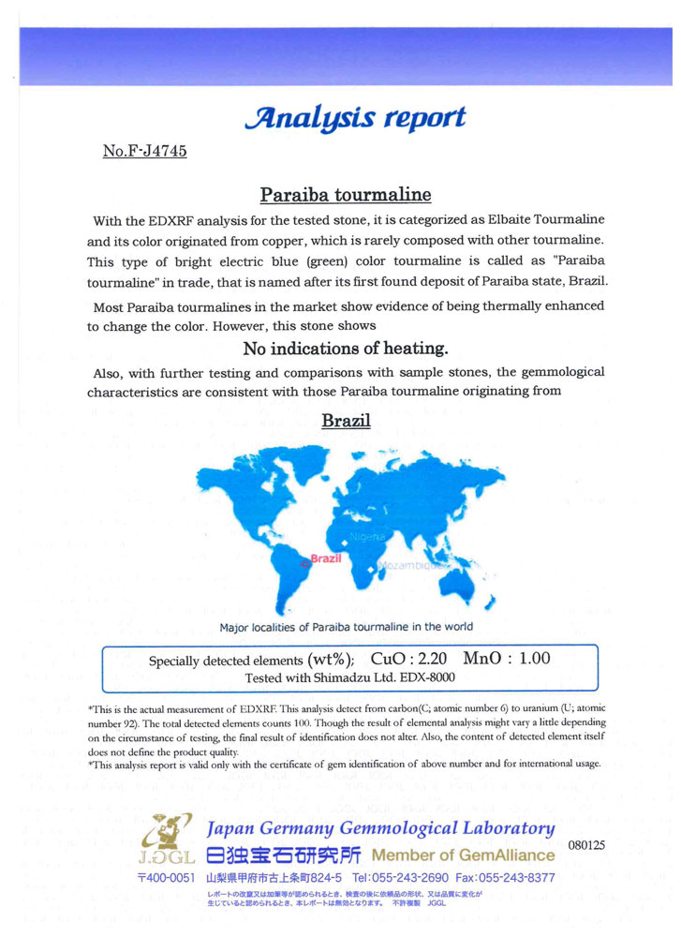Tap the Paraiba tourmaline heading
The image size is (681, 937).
345,195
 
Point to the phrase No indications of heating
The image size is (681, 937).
346,349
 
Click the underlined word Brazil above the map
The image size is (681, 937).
346,421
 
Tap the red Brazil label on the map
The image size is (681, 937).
326,557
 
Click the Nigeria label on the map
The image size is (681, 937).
367,537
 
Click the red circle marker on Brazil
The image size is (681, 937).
304,563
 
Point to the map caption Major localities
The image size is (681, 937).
346,627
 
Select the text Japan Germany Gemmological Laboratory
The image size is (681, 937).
379,828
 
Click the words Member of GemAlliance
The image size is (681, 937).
463,855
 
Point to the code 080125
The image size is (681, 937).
586,845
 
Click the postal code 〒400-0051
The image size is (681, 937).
166,878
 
